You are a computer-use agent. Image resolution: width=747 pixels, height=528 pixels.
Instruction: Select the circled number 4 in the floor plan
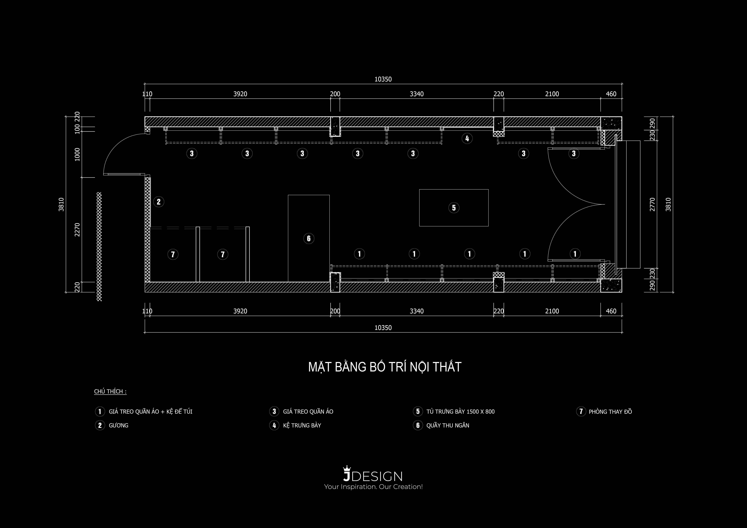click(467, 138)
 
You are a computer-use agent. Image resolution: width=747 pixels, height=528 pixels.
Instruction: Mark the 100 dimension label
click(77, 129)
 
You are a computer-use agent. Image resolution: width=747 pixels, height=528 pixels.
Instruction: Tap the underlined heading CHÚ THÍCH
click(110, 391)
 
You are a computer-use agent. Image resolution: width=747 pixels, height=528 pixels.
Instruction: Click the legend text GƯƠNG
click(118, 425)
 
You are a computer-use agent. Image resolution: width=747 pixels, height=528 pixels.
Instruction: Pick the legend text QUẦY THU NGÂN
click(448, 425)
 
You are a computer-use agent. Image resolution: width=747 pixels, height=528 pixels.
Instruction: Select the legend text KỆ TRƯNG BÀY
click(302, 425)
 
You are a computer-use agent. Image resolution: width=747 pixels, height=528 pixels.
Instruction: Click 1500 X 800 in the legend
click(480, 412)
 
